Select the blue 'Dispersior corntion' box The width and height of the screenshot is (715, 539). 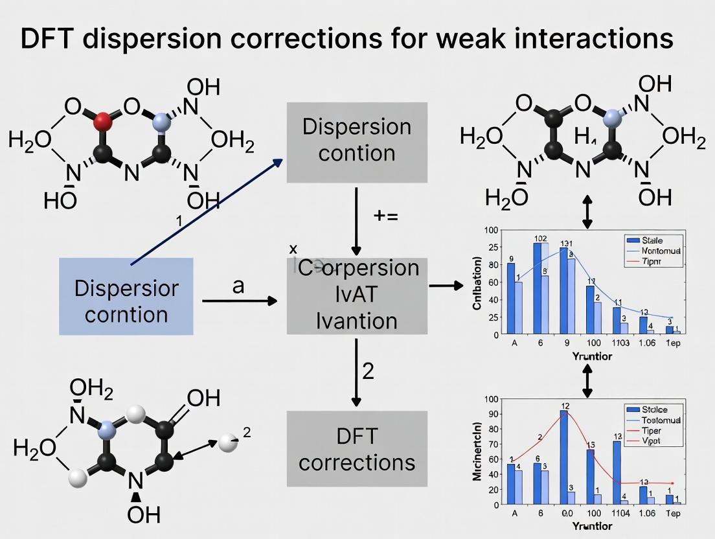point(126,296)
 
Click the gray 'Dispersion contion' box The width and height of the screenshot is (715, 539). point(357,142)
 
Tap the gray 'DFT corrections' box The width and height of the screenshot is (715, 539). point(357,449)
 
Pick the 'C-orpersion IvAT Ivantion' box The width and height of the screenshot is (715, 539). point(357,295)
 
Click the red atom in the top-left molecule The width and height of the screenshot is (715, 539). point(102,121)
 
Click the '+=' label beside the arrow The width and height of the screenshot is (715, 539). point(386,216)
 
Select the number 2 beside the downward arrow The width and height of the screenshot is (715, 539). point(368,371)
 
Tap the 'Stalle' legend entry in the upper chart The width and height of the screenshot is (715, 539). point(655,240)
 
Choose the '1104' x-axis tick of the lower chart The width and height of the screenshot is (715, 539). point(620,514)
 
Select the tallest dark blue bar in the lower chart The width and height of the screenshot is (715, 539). point(564,457)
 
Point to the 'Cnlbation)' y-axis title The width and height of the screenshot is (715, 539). point(478,283)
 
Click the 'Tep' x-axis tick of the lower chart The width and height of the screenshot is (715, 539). point(673,514)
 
